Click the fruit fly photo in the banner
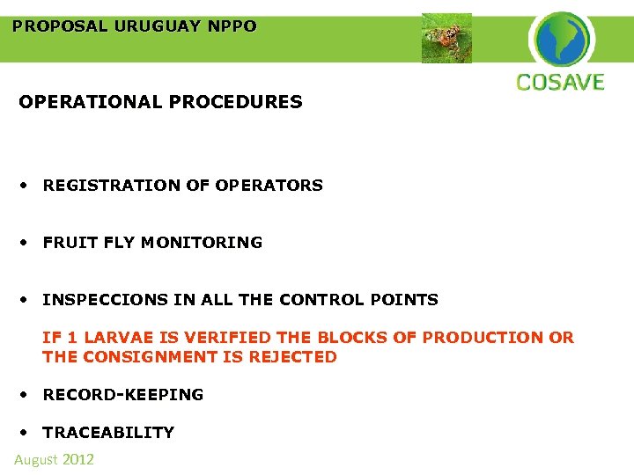(x=446, y=39)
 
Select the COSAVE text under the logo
(x=560, y=83)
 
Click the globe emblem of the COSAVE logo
(x=562, y=39)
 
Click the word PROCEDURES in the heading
(x=244, y=102)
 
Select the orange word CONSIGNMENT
(x=163, y=357)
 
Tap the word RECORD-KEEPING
(x=122, y=395)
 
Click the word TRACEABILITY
(x=108, y=433)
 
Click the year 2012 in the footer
(x=77, y=459)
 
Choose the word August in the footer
(x=36, y=459)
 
